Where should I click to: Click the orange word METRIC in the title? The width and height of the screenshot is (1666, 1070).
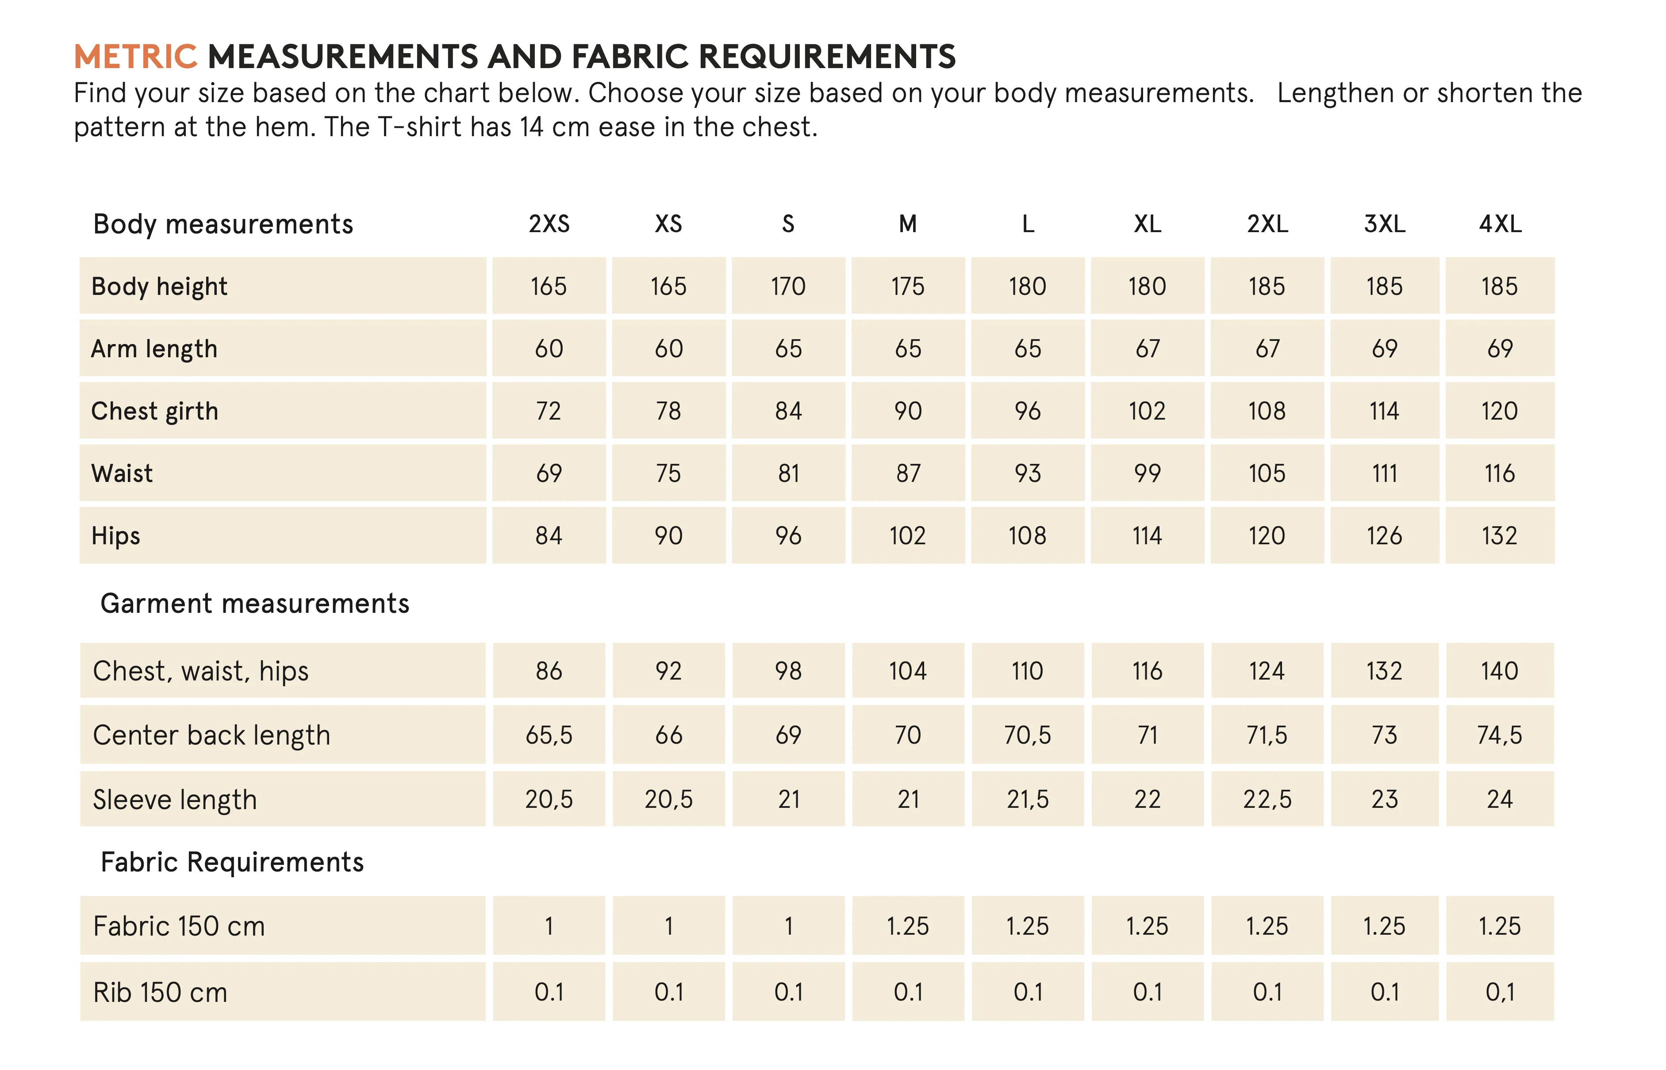click(135, 56)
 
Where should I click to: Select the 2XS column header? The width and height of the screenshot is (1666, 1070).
click(549, 224)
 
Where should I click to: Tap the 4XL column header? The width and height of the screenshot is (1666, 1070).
click(1500, 224)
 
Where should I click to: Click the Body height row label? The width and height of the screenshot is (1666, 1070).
click(159, 286)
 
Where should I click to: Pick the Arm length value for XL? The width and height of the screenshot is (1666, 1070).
click(1148, 348)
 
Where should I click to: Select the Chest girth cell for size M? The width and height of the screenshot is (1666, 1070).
click(908, 411)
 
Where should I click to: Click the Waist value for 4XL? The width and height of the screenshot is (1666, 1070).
click(1500, 473)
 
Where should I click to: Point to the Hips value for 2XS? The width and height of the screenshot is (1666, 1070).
click(549, 536)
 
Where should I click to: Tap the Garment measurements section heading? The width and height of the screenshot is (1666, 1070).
click(255, 603)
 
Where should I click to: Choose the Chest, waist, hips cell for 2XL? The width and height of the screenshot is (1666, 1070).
click(1267, 670)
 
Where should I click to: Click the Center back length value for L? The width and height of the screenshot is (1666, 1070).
click(1027, 734)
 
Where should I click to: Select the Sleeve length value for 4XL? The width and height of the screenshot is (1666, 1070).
click(1500, 799)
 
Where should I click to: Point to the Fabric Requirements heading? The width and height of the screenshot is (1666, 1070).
click(232, 862)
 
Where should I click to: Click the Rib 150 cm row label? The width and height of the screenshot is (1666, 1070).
click(161, 992)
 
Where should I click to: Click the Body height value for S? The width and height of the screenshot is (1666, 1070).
click(788, 286)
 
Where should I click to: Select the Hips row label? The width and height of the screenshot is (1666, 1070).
click(115, 536)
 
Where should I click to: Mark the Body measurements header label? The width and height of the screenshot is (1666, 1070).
click(223, 224)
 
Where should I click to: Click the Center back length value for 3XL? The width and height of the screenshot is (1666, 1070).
click(1385, 734)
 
